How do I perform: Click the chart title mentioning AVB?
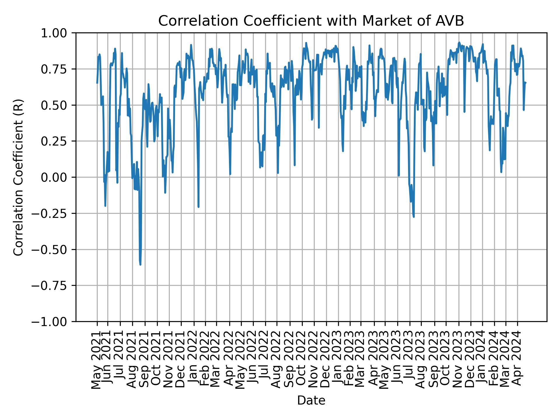coord(311,21)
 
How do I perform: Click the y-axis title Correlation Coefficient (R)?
coord(18,177)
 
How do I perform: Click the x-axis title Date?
coord(311,400)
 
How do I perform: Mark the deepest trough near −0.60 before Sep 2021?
coord(140,264)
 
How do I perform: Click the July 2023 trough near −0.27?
coord(414,216)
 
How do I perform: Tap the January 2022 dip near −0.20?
coord(198,207)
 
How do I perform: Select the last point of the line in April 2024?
coord(525,83)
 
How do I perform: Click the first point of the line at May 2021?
coord(97,83)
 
